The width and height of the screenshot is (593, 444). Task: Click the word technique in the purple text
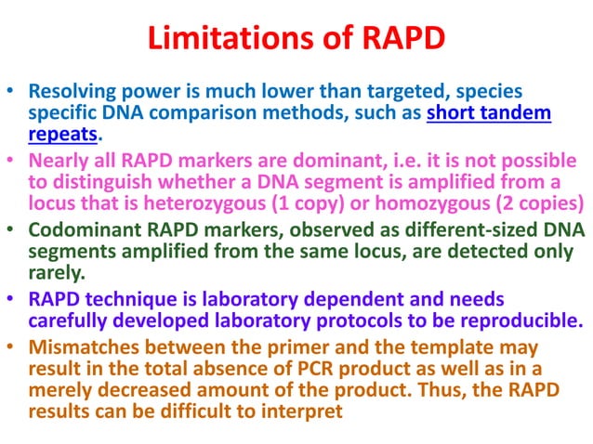click(x=127, y=300)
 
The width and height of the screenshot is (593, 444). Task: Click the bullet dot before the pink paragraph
click(x=13, y=160)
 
